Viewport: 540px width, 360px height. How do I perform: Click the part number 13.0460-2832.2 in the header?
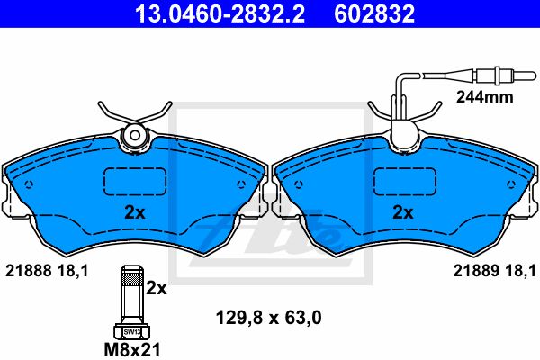(220, 13)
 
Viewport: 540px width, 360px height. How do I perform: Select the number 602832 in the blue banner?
(374, 13)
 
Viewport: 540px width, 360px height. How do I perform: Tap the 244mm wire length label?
(484, 97)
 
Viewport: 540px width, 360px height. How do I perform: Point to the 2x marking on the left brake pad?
(135, 213)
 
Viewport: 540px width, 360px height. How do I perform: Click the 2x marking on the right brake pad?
(403, 213)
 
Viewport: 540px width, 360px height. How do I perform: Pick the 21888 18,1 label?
(47, 271)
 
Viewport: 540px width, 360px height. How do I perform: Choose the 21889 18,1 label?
(494, 271)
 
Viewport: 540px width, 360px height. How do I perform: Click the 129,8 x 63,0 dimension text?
(268, 318)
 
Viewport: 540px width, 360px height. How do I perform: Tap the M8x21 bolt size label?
(132, 350)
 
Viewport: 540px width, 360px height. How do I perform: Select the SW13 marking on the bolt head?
(132, 332)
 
